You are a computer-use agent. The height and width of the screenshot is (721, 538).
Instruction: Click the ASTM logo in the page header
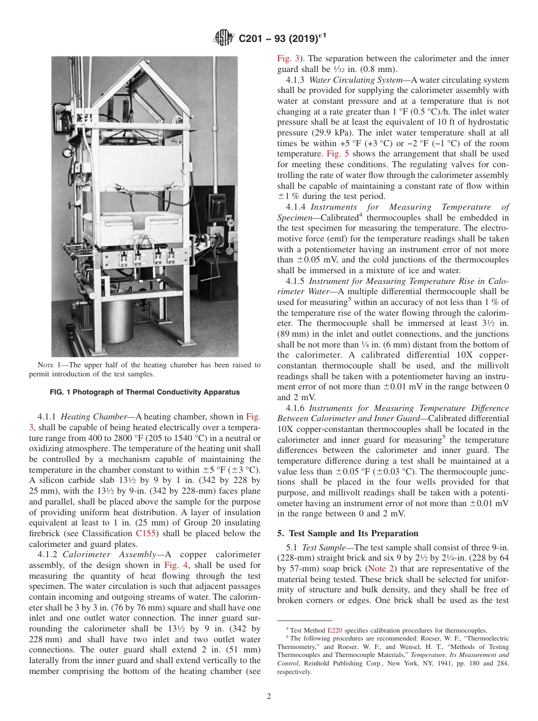point(224,39)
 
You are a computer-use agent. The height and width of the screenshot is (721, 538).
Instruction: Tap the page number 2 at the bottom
point(268,697)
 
